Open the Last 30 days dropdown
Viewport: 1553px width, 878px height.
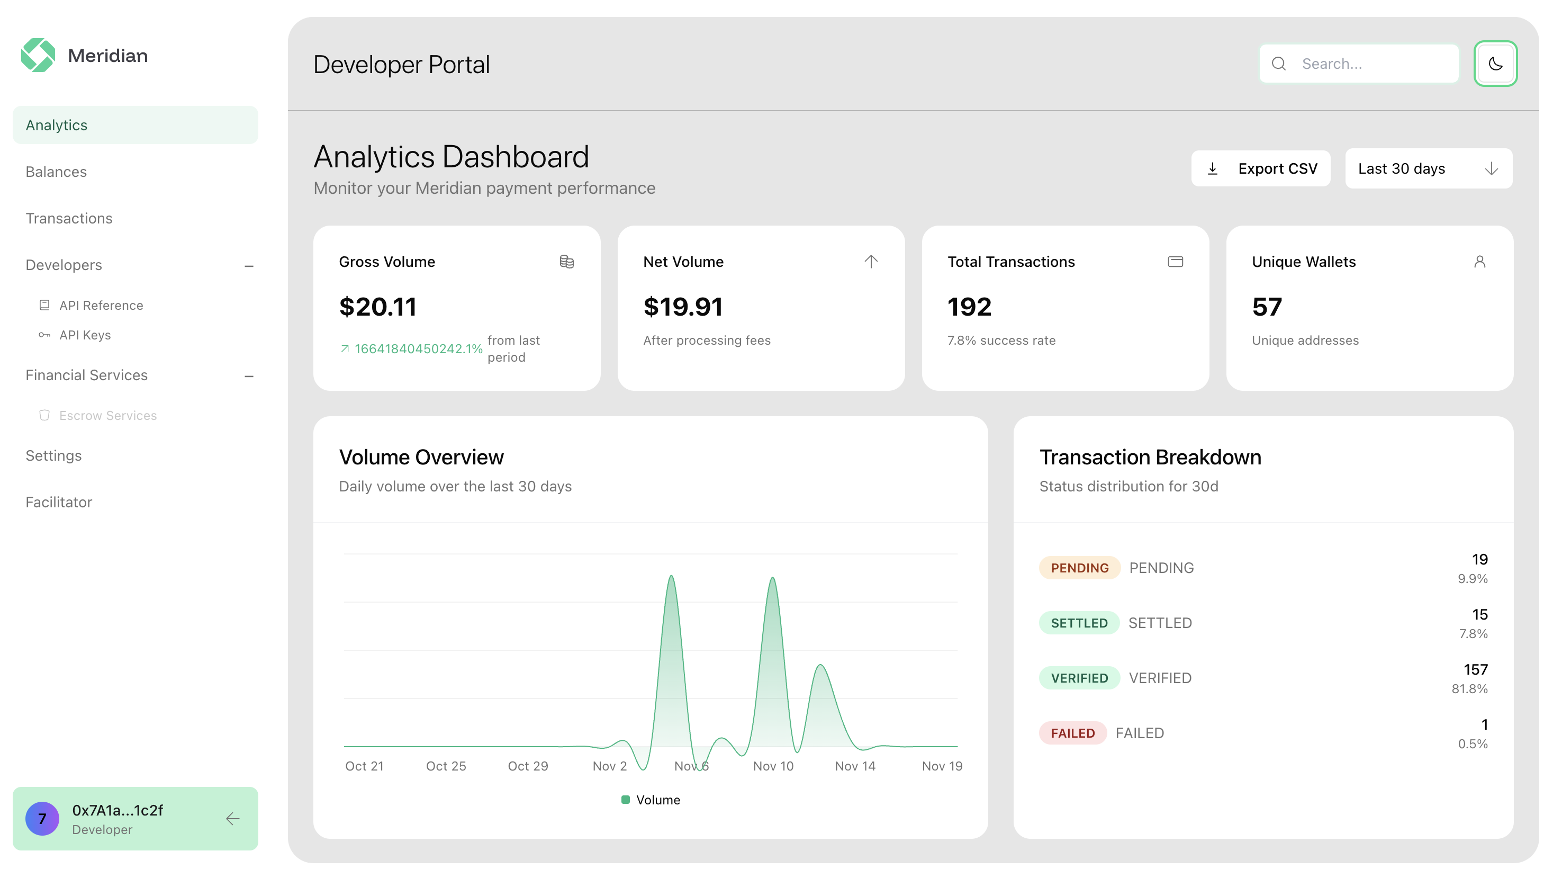(1428, 169)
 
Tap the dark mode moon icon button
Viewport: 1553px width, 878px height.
(1495, 64)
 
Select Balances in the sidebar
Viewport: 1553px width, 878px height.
(56, 172)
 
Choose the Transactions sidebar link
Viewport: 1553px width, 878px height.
(69, 218)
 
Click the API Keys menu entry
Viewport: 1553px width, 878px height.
(85, 335)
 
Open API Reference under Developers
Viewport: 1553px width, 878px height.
(101, 306)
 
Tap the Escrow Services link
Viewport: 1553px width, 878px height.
(107, 416)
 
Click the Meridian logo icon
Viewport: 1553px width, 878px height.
(38, 56)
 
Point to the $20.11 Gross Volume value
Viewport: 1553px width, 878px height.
(378, 307)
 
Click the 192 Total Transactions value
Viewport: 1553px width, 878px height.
(969, 307)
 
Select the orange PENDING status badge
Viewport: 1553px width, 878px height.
(1079, 568)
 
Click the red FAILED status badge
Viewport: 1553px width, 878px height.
(1072, 733)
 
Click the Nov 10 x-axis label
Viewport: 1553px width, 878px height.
(773, 766)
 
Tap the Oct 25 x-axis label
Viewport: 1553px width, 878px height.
(446, 766)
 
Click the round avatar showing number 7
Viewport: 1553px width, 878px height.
(42, 819)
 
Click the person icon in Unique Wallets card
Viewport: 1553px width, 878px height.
(1479, 262)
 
